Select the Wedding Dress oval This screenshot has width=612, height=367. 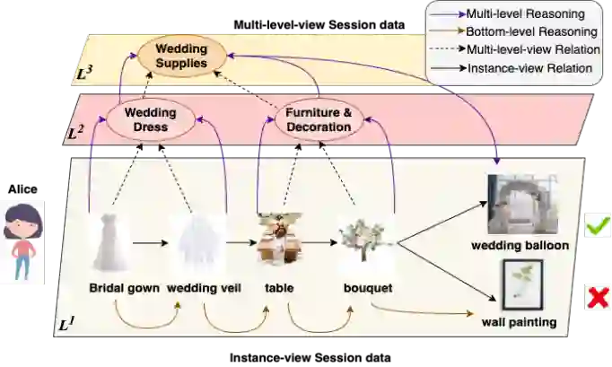[150, 120]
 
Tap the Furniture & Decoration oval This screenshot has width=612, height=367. [319, 120]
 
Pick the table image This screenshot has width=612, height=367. [277, 238]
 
